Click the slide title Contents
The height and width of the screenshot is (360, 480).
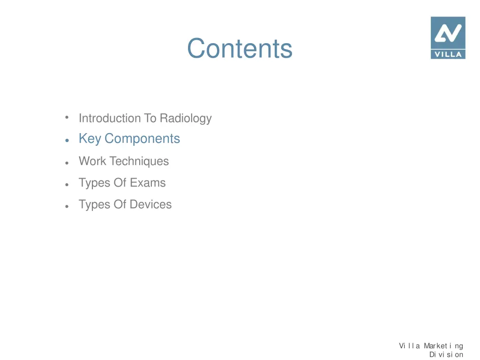(x=240, y=48)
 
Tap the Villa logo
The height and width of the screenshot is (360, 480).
(x=448, y=37)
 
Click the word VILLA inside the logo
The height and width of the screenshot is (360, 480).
(x=448, y=54)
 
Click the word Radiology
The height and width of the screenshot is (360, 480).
(x=186, y=118)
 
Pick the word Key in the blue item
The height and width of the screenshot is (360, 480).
(x=90, y=139)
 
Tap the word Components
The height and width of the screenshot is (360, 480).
(x=142, y=139)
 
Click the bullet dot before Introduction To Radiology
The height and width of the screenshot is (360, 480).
(x=67, y=117)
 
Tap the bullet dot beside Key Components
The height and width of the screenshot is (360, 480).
(x=68, y=140)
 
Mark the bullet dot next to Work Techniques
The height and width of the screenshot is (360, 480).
(x=68, y=162)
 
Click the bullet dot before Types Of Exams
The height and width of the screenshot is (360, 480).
(x=68, y=184)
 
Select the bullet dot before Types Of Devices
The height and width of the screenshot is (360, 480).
(x=68, y=206)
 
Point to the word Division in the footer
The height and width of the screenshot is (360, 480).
(x=446, y=354)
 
